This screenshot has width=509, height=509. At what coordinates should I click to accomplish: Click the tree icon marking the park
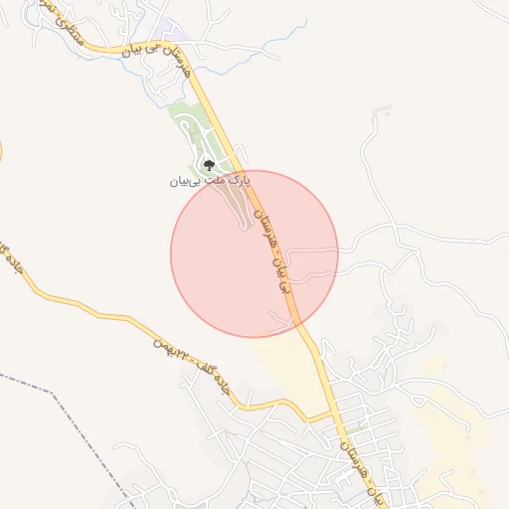click(x=209, y=166)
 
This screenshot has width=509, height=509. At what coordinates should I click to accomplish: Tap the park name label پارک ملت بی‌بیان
click(x=210, y=182)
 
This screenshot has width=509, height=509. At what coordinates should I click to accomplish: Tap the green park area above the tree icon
click(x=189, y=119)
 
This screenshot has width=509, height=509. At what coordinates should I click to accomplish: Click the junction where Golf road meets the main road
click(x=332, y=413)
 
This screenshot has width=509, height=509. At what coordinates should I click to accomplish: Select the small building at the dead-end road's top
click(x=378, y=111)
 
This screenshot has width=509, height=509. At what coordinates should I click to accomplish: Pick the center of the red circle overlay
click(x=254, y=254)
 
